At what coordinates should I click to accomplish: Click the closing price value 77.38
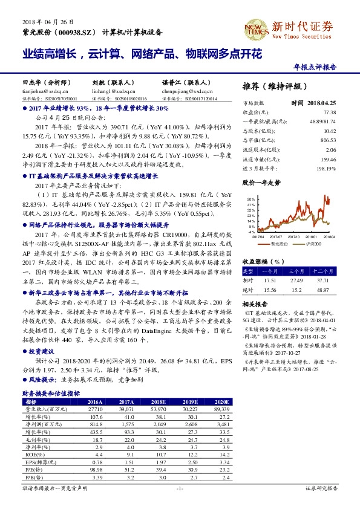coord(329,112)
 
